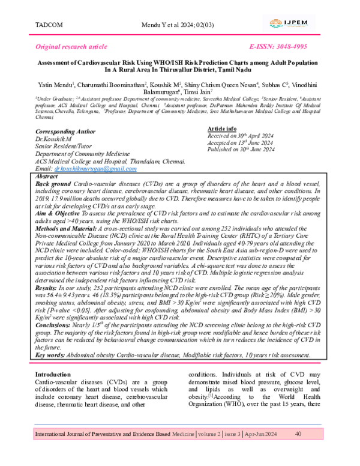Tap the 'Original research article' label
point(72,46)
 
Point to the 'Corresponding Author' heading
point(65,130)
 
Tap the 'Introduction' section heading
point(57,375)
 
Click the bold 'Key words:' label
point(53,355)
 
